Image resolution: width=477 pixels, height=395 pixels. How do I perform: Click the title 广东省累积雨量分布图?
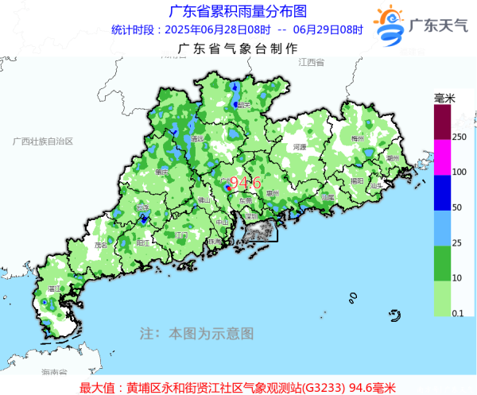[238, 11]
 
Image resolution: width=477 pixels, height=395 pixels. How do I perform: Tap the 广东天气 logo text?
[438, 25]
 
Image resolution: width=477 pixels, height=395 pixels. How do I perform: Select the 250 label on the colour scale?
[459, 137]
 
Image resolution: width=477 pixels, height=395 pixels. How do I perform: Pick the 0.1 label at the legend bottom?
[459, 315]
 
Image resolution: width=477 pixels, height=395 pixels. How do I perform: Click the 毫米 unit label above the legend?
[444, 99]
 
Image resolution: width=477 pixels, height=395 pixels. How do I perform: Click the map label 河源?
[299, 147]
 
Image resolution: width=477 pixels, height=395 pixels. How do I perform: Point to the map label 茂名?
[101, 246]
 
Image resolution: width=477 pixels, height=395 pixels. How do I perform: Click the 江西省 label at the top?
[312, 62]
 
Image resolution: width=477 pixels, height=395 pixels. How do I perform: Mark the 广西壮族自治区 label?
[43, 141]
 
